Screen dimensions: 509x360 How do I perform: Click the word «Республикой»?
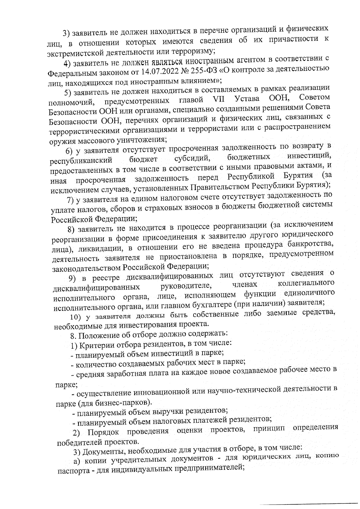click(x=251, y=176)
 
